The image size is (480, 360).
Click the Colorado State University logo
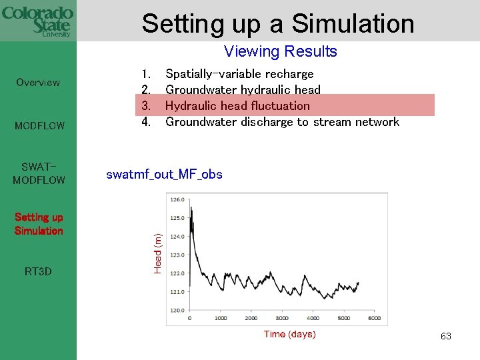[x=37, y=21]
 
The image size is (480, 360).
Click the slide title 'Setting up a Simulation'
[x=278, y=23]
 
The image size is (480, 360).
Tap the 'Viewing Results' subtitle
[x=280, y=51]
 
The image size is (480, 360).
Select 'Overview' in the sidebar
[x=38, y=83]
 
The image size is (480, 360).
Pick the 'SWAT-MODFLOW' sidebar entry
[x=39, y=173]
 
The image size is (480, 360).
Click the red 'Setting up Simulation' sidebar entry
[x=39, y=224]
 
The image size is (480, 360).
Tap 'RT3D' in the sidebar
[x=38, y=272]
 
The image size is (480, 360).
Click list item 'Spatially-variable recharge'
[x=239, y=73]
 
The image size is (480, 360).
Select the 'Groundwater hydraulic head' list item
[x=243, y=89]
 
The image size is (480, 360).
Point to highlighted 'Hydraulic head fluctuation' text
[x=237, y=105]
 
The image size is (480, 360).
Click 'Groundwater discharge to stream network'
[x=282, y=121]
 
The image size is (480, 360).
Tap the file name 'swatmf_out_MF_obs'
[x=164, y=175]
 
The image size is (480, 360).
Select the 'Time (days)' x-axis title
[x=289, y=334]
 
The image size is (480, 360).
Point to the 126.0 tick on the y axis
[x=177, y=199]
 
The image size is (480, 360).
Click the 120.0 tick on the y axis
[x=177, y=310]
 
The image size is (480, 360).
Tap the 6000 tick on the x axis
[x=374, y=319]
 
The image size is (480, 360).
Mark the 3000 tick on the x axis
[x=282, y=319]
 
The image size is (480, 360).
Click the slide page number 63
[x=445, y=337]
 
